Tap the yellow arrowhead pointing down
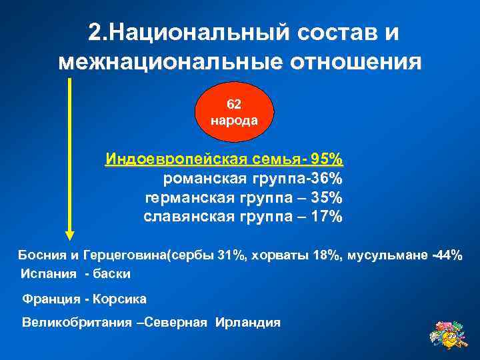coord(69,232)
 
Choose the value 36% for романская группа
coord(329,179)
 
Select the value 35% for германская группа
coord(328,197)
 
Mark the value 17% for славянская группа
coord(328,217)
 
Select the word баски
coord(113,274)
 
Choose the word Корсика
coord(123,299)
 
